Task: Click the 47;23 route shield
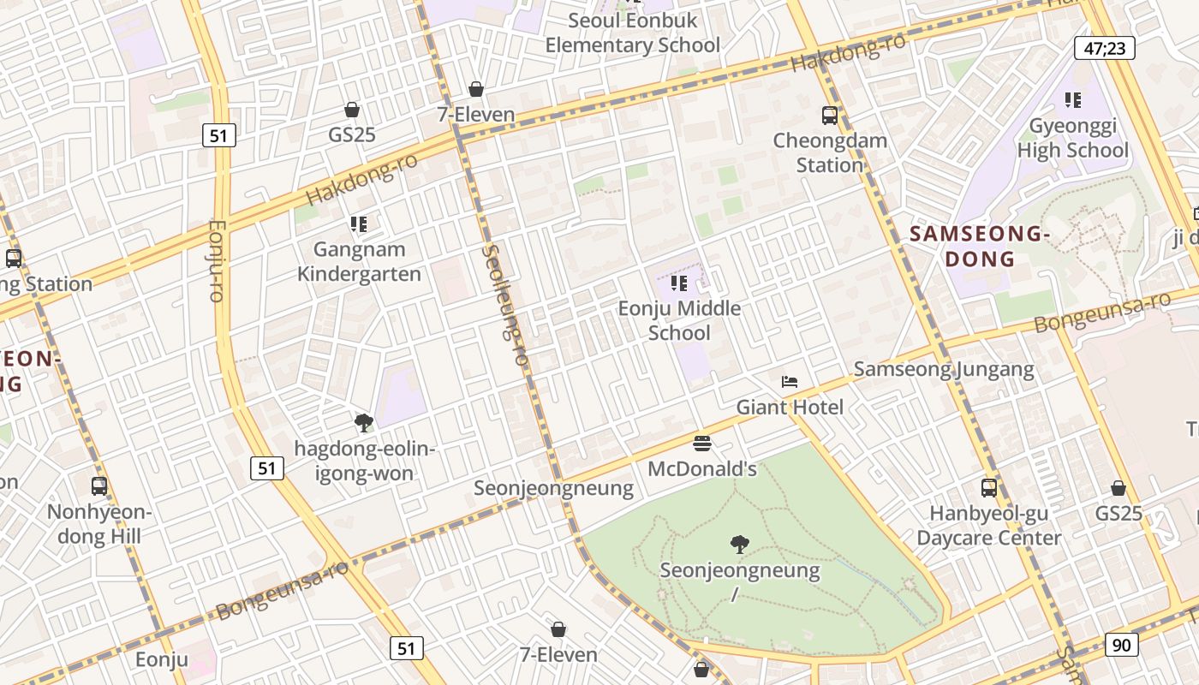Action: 1104,48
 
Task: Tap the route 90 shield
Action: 1121,645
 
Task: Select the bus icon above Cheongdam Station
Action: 829,116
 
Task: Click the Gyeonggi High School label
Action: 1072,139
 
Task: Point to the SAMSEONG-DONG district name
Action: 980,246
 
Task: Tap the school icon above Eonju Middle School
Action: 679,283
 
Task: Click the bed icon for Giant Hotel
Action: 790,382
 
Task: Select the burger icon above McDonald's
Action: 702,444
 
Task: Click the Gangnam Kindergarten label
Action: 359,261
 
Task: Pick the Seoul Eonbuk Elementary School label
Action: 632,33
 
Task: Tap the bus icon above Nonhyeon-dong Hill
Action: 99,486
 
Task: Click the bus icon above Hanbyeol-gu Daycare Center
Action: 989,488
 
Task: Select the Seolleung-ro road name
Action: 504,305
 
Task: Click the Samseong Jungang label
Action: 944,369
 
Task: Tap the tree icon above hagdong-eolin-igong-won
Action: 364,422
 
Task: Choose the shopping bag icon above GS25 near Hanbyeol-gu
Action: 1118,488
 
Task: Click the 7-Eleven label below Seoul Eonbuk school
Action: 475,114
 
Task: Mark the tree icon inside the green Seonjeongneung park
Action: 740,544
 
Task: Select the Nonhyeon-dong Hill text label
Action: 99,524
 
